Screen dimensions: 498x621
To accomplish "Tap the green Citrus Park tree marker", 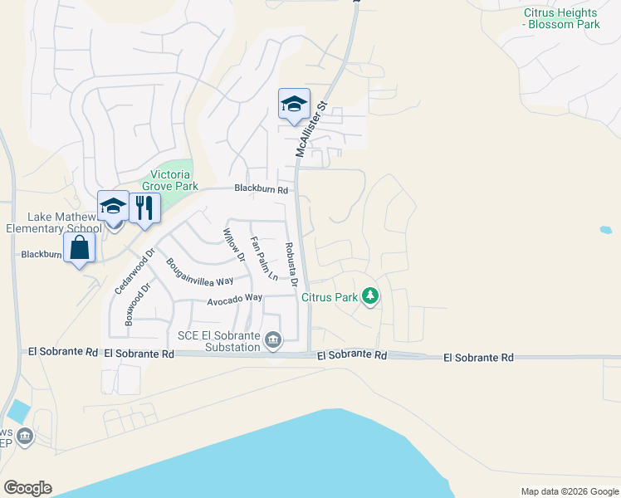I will point(370,295).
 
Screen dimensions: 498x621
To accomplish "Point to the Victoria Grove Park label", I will point(171,181).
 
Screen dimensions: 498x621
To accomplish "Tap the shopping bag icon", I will point(79,247).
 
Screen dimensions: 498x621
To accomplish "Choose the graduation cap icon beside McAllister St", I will point(294,105).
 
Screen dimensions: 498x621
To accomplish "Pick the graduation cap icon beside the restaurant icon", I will point(113,207).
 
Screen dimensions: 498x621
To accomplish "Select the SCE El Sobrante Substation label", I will point(218,340).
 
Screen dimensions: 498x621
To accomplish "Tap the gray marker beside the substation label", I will point(273,339).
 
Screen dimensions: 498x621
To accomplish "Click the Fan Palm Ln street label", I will point(264,258).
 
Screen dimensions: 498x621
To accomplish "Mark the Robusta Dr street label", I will point(291,264).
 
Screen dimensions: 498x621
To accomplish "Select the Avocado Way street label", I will point(235,297).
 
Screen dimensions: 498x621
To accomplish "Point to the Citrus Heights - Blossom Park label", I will point(561,18).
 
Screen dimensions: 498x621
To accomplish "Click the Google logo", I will point(27,488).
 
